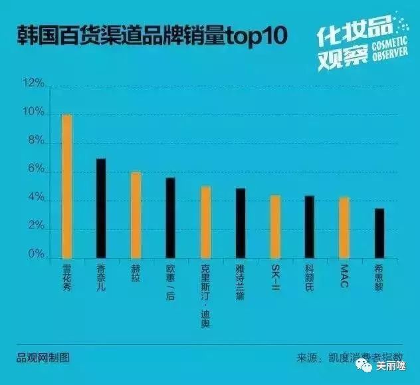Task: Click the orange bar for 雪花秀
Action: (x=67, y=186)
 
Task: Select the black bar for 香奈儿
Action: (x=101, y=208)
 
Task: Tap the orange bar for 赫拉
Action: (x=136, y=215)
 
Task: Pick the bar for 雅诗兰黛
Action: (x=240, y=223)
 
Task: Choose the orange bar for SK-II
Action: (x=274, y=226)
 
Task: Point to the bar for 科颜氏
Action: (x=309, y=227)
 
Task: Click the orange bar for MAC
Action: (x=344, y=227)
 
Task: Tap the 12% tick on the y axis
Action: (x=33, y=84)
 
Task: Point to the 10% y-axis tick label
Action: (x=33, y=113)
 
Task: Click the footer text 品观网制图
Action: (x=44, y=358)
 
